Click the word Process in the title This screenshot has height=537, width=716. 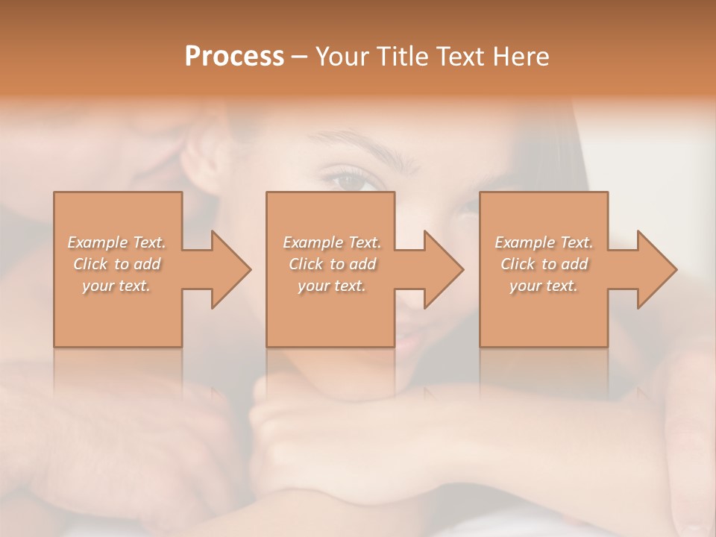[x=234, y=57]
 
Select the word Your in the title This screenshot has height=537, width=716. [x=345, y=57]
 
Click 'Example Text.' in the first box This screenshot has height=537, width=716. [x=116, y=242]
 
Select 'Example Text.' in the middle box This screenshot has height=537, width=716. [x=331, y=242]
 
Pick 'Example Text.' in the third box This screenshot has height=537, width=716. [x=544, y=242]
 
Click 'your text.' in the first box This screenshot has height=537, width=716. [x=116, y=286]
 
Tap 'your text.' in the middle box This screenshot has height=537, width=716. [x=331, y=286]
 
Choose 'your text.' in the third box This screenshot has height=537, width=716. [x=544, y=286]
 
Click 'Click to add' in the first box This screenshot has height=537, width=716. [x=116, y=264]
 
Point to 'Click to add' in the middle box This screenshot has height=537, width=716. [x=331, y=264]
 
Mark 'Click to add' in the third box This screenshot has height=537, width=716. [x=544, y=264]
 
